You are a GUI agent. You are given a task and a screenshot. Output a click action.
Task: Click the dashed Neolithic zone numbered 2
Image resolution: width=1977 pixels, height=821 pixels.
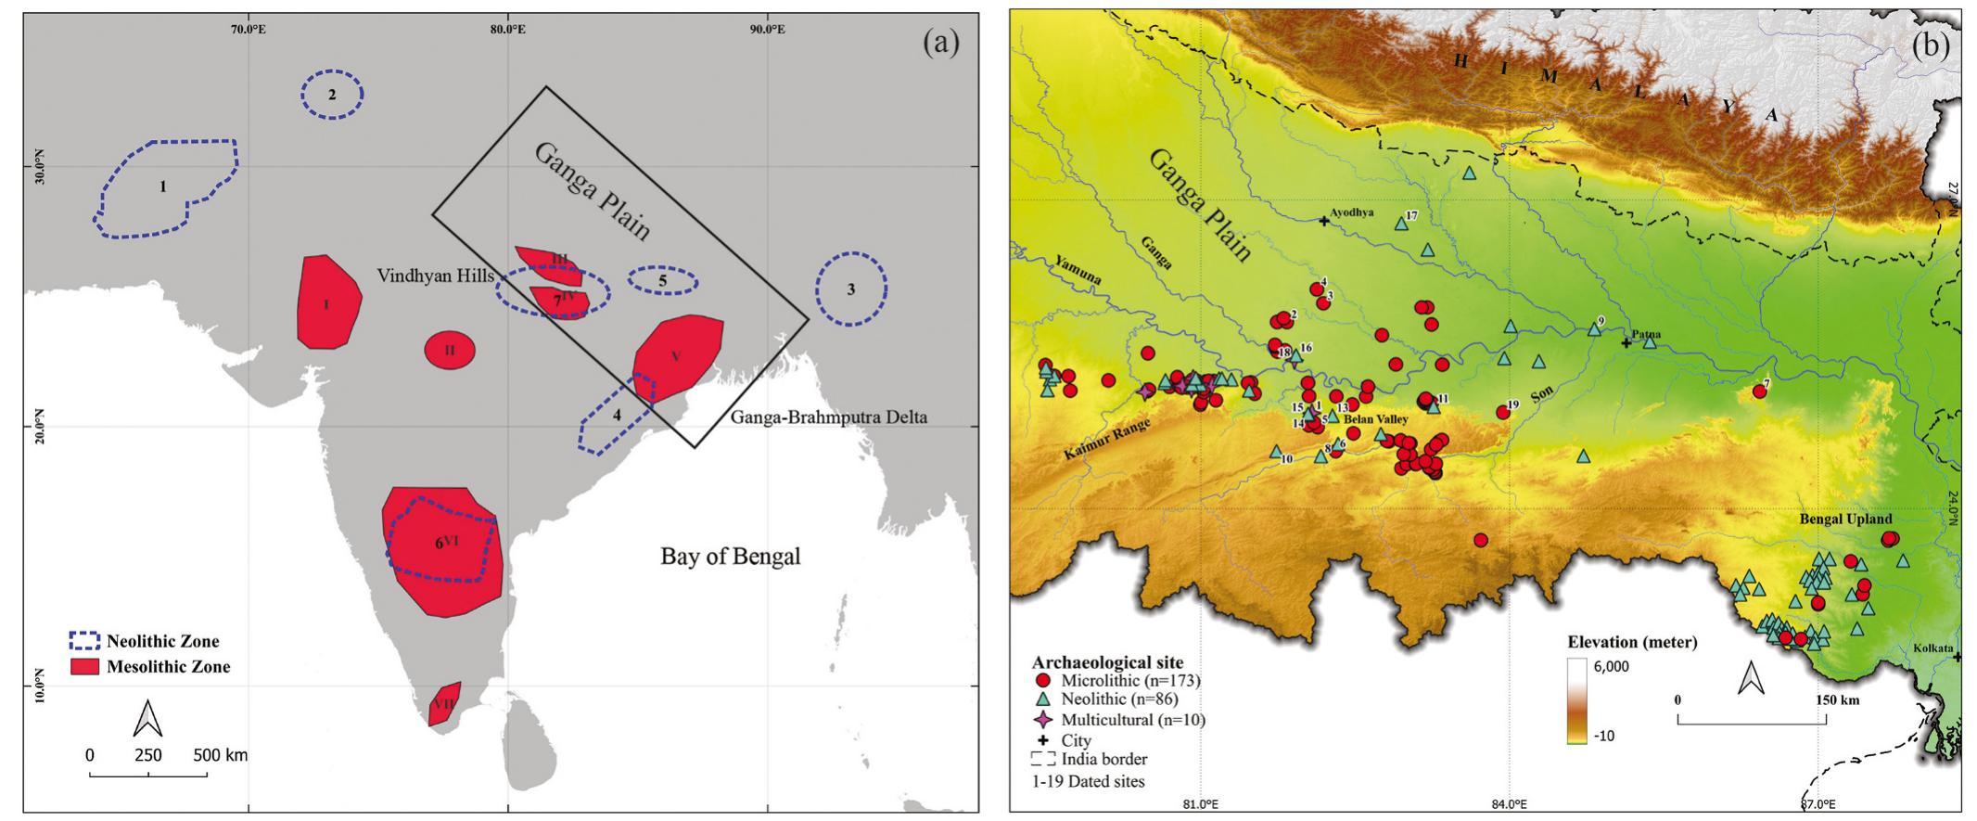pos(331,94)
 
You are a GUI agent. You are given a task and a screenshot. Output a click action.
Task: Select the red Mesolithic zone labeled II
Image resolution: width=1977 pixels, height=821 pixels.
pos(450,350)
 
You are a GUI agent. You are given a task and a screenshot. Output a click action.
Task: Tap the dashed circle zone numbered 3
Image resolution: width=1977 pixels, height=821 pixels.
pos(850,289)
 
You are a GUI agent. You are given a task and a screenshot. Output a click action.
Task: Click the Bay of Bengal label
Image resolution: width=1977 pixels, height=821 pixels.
pos(730,557)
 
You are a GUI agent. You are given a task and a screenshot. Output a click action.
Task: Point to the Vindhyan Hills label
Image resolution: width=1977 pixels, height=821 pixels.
pos(434,276)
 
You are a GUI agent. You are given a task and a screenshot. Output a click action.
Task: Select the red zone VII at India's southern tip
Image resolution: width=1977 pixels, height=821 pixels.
pos(443,705)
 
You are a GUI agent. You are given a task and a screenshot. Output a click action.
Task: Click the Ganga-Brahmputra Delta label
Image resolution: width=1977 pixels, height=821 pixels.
pos(828,417)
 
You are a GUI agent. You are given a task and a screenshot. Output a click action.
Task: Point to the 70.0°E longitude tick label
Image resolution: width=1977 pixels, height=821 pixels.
pos(249,29)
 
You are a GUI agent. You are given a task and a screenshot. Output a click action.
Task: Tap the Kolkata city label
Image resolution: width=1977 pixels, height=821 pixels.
pos(1932,648)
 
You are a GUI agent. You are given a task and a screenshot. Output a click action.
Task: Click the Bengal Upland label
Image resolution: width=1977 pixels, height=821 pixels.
pos(1846,520)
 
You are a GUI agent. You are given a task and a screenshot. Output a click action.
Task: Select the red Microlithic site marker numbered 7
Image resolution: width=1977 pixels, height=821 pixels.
pos(1759,392)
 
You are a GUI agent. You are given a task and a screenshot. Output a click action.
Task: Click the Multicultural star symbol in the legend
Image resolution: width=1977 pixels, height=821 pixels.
pos(1043,720)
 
